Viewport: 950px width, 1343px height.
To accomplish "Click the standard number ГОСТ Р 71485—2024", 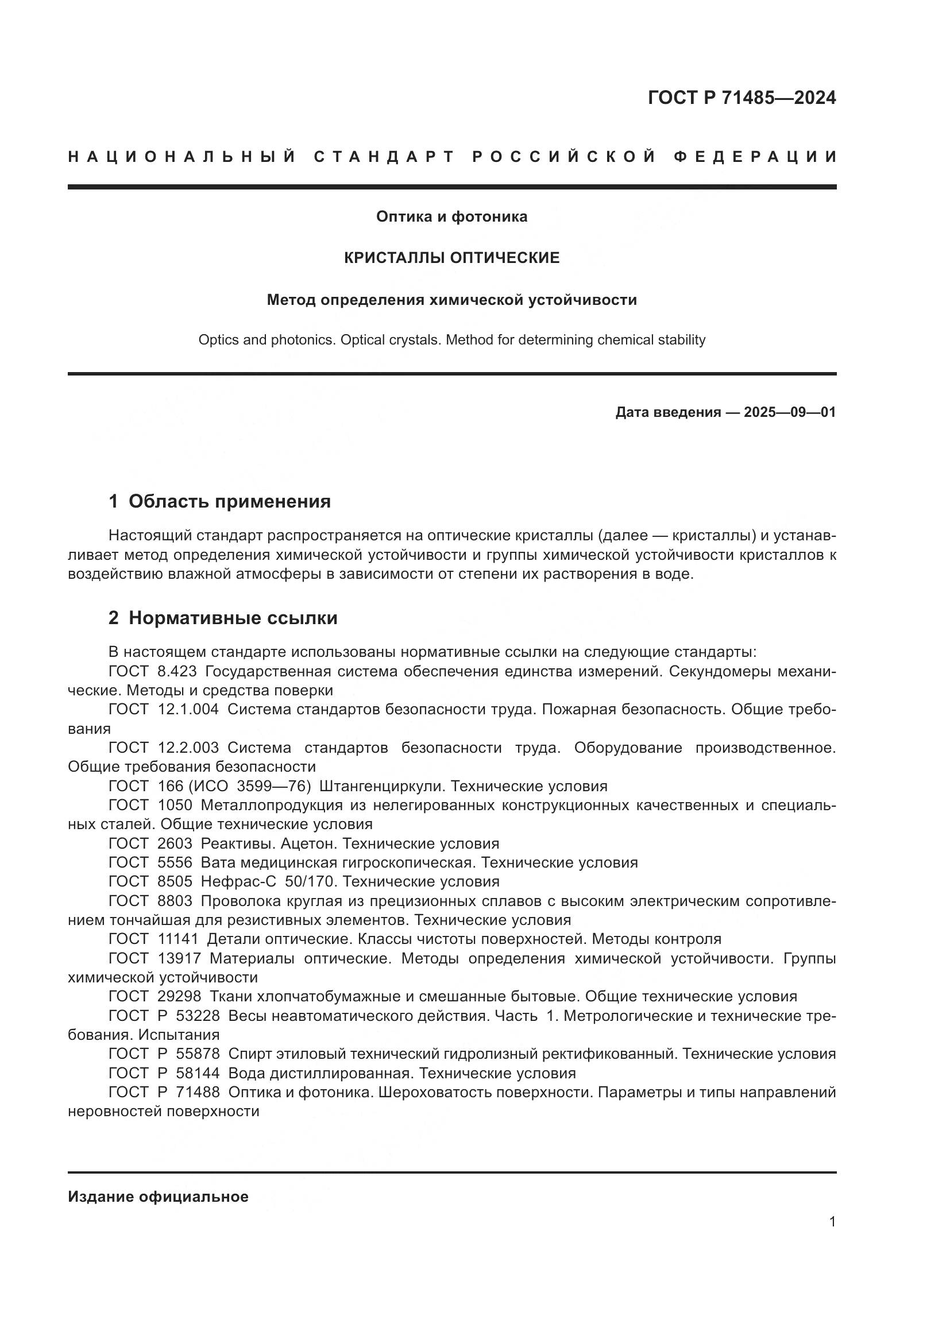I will (741, 98).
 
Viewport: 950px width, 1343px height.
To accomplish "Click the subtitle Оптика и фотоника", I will (451, 216).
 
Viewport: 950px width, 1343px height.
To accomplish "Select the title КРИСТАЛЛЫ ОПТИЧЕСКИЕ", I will (451, 257).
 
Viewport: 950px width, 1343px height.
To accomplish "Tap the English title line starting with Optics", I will (451, 340).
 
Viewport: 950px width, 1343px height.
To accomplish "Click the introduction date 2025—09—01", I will (789, 412).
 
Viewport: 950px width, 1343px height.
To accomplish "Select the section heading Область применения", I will (229, 501).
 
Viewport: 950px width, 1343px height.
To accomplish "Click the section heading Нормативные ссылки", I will (233, 618).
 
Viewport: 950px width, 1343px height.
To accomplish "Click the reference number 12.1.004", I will (188, 710).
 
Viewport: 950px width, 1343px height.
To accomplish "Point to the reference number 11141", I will (179, 939).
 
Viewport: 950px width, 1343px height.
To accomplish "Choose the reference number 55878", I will (198, 1054).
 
